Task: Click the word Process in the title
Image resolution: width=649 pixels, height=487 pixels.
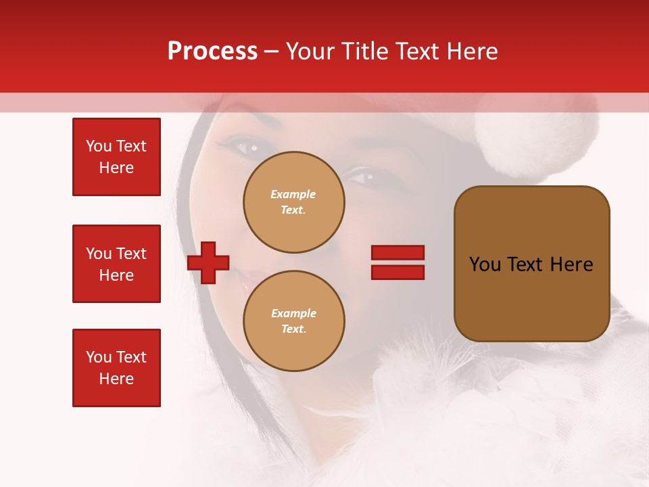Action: point(212,51)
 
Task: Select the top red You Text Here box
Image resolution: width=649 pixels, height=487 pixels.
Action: point(116,157)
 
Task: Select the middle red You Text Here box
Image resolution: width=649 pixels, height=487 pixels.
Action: point(116,264)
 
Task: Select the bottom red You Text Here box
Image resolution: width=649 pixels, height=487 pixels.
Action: point(116,368)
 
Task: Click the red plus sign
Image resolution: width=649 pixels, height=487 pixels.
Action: point(208,262)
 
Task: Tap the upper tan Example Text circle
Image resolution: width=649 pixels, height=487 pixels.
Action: point(293,202)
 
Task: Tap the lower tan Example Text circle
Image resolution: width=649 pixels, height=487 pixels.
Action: point(293,321)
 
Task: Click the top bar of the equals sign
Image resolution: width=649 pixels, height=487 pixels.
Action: point(398,252)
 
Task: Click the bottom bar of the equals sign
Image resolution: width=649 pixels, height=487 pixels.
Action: point(398,272)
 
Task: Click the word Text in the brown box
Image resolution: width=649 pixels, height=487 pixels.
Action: point(527,264)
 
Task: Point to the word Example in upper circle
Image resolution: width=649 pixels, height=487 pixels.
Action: point(293,194)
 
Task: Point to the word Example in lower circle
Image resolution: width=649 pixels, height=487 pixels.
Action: point(293,313)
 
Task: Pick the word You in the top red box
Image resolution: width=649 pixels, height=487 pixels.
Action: point(99,146)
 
